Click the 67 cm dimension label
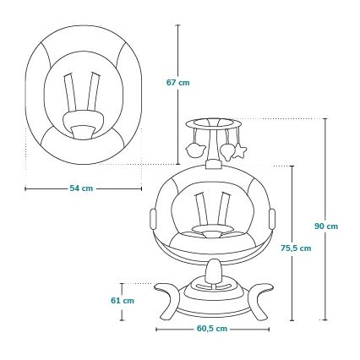tap(178, 83)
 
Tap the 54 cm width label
tap(81, 188)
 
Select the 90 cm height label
tap(326, 226)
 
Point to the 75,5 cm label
tap(296, 248)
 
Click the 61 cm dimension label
tap(123, 301)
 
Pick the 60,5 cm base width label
tap(211, 329)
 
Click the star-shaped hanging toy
tap(241, 150)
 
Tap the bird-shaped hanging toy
tap(195, 150)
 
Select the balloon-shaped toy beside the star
tap(227, 152)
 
